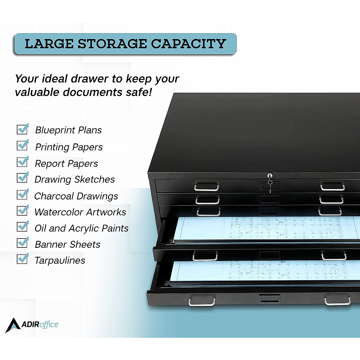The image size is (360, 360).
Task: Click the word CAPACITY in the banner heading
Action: pos(188,44)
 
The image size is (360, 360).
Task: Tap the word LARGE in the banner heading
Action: pos(49,44)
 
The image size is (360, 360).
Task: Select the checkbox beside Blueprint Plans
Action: pos(22,129)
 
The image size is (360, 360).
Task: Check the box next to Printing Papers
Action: pos(22,145)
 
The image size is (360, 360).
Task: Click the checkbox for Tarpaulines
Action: pos(22,259)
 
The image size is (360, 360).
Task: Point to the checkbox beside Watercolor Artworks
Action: pos(22,211)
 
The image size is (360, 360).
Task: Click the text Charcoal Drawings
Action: pos(76,196)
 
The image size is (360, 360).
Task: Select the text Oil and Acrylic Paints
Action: pos(81,228)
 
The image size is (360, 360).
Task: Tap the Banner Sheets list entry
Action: pos(67,244)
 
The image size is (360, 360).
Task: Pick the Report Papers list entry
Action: pos(66,164)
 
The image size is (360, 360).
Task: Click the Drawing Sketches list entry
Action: pos(75,179)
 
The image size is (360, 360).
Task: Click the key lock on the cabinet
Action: pos(270,176)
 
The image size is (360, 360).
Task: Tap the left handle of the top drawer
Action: pos(206,188)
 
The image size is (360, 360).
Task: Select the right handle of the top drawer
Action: pos(332,188)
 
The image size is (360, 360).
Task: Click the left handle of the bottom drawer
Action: pos(202,301)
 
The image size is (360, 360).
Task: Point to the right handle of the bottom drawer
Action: pos(337,301)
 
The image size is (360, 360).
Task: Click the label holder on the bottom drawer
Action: pos(270,298)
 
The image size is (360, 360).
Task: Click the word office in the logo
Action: pos(49,325)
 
